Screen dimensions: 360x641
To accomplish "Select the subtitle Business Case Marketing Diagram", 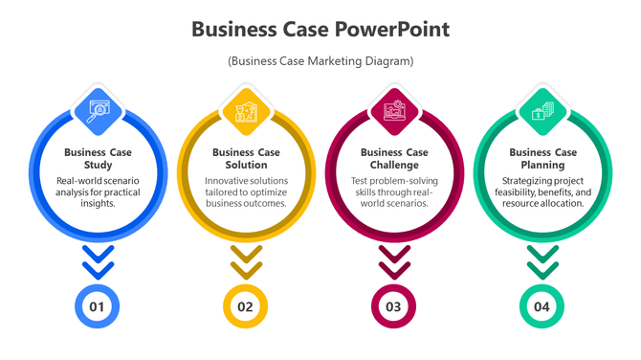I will (x=320, y=61).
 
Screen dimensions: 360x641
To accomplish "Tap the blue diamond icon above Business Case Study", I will (x=99, y=111).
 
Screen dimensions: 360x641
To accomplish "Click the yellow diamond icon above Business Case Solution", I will (x=247, y=111).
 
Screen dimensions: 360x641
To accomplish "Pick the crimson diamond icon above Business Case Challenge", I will (x=394, y=111).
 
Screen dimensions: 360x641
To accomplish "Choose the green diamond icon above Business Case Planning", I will (x=542, y=111).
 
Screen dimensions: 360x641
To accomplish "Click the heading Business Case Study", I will (x=99, y=158).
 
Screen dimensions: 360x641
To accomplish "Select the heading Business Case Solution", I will (x=247, y=158).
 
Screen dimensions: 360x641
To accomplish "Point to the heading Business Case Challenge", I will (x=394, y=158).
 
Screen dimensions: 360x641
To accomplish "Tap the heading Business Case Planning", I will (x=542, y=158).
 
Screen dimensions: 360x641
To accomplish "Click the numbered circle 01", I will (x=98, y=307).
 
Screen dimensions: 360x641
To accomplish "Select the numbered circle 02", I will (x=246, y=307).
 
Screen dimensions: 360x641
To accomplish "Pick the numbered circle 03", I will (x=394, y=307).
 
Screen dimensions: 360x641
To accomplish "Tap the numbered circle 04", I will (x=542, y=307).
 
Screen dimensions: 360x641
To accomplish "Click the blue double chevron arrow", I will (x=98, y=260).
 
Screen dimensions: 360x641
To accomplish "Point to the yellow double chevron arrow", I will (x=246, y=260).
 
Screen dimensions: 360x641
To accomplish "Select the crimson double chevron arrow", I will (x=394, y=260).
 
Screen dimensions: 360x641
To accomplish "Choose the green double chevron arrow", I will (x=542, y=260).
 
